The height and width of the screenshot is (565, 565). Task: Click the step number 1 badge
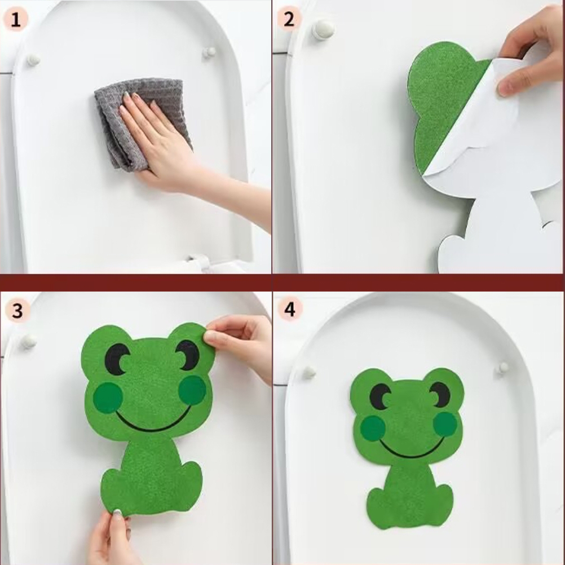(x=15, y=20)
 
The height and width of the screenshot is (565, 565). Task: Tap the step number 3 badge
(x=16, y=311)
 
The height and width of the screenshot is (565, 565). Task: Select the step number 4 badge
(x=290, y=309)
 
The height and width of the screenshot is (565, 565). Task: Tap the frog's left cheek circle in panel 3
(x=108, y=398)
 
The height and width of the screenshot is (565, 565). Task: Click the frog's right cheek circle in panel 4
(x=445, y=424)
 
